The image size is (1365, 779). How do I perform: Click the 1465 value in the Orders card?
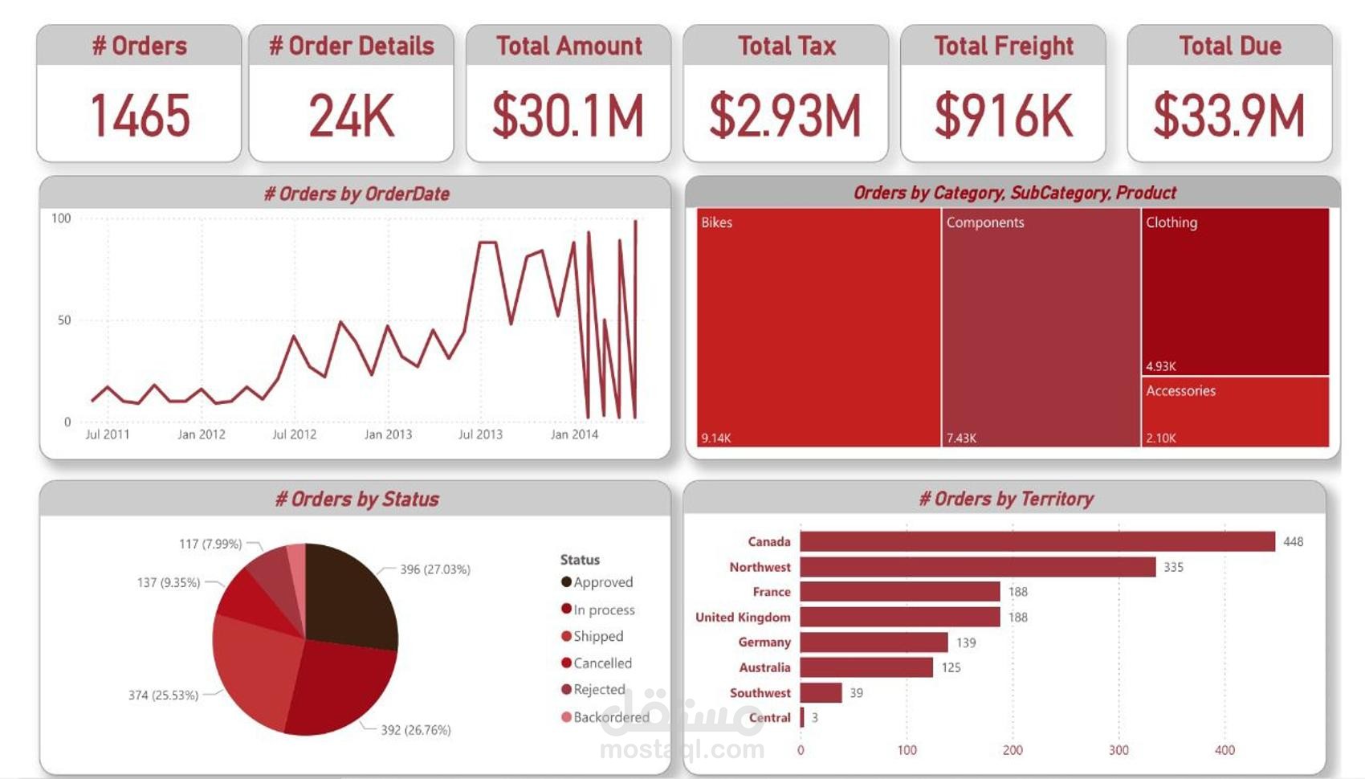(x=140, y=116)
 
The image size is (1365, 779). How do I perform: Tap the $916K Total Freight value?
(x=1003, y=116)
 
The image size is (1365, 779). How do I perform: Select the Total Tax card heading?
(x=786, y=46)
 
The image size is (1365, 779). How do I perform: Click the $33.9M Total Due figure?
(x=1229, y=116)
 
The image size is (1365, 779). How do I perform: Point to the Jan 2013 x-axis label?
(x=388, y=434)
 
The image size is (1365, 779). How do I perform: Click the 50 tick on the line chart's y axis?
(x=64, y=320)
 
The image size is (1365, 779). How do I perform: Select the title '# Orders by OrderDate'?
(x=356, y=194)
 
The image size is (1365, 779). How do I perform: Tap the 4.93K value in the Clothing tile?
(x=1160, y=366)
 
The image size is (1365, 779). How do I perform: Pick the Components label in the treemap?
(x=984, y=222)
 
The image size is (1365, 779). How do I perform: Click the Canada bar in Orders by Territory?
(x=1036, y=541)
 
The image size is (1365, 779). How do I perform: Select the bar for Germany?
(x=874, y=642)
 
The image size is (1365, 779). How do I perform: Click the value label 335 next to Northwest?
(x=1173, y=567)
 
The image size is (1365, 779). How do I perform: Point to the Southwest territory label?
(x=760, y=692)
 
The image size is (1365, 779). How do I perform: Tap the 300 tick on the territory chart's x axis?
(x=1118, y=750)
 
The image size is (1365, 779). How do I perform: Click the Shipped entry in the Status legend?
(x=598, y=636)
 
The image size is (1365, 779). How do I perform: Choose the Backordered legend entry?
(x=610, y=717)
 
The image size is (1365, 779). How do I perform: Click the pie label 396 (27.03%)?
(x=434, y=569)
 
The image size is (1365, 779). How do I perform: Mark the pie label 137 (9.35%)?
(x=168, y=582)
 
